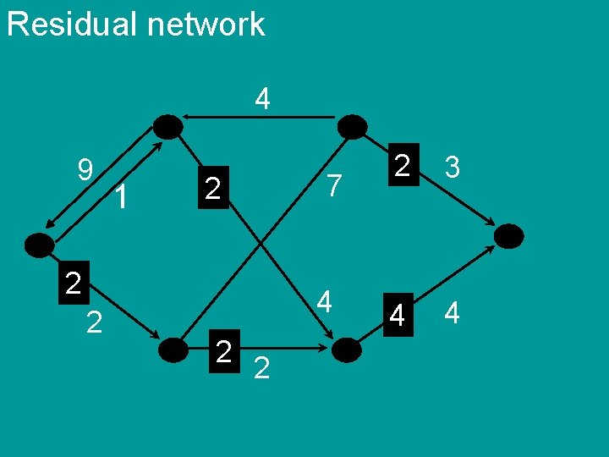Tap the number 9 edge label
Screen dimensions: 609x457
(x=85, y=172)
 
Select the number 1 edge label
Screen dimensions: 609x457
(x=123, y=198)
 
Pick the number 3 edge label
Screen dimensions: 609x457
(x=453, y=168)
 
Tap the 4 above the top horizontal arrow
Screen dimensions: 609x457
(x=263, y=100)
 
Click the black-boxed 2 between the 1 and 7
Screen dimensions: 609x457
(x=213, y=188)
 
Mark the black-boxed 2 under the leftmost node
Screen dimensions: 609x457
(x=73, y=282)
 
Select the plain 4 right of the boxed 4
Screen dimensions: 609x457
(x=452, y=314)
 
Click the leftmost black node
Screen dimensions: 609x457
(x=39, y=245)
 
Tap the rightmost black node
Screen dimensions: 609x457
(x=508, y=235)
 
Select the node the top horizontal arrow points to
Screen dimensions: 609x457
(x=169, y=127)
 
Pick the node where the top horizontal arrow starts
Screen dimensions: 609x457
(x=352, y=127)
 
